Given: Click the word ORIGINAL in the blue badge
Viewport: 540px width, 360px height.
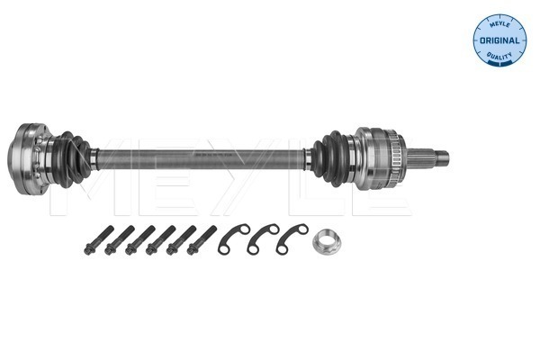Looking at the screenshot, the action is [x=499, y=40].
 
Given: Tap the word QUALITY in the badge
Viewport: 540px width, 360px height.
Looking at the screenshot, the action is [x=499, y=56].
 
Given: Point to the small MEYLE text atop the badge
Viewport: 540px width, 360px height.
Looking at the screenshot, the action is [x=499, y=24].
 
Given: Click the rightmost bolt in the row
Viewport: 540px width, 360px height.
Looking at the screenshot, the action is [x=202, y=240].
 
